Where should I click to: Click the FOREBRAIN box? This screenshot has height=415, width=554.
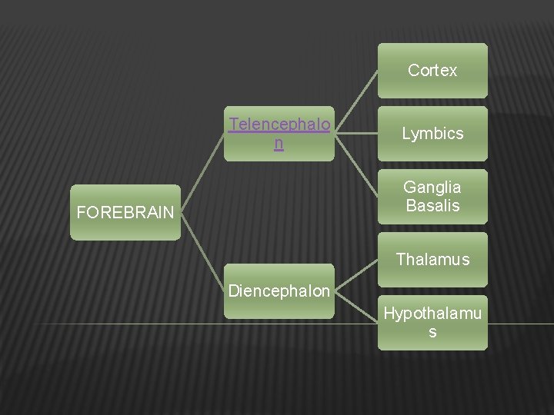click(x=125, y=213)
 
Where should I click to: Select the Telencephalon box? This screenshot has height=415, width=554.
click(x=279, y=133)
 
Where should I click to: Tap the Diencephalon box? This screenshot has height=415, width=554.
click(x=279, y=291)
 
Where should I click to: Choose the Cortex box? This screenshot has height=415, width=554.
click(x=432, y=71)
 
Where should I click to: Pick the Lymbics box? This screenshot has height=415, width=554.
click(x=432, y=134)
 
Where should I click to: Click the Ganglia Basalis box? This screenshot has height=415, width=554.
click(x=432, y=197)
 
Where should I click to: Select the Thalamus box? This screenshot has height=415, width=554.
click(x=432, y=260)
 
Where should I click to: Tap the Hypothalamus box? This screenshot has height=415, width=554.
click(x=432, y=323)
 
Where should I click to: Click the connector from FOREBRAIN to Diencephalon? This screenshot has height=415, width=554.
click(x=202, y=251)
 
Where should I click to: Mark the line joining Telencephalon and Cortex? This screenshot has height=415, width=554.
click(x=356, y=101)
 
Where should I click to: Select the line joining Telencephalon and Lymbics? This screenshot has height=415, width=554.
click(x=356, y=133)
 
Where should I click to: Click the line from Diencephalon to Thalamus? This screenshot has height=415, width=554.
click(x=356, y=275)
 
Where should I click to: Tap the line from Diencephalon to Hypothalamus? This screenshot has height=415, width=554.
click(x=356, y=307)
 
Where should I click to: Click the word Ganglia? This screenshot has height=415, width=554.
click(x=432, y=188)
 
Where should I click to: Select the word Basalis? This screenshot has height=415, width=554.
click(x=432, y=206)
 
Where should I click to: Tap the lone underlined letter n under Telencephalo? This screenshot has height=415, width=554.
click(x=279, y=143)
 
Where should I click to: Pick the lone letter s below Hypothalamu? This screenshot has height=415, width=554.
click(x=432, y=333)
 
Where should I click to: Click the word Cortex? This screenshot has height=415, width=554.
click(x=432, y=71)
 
